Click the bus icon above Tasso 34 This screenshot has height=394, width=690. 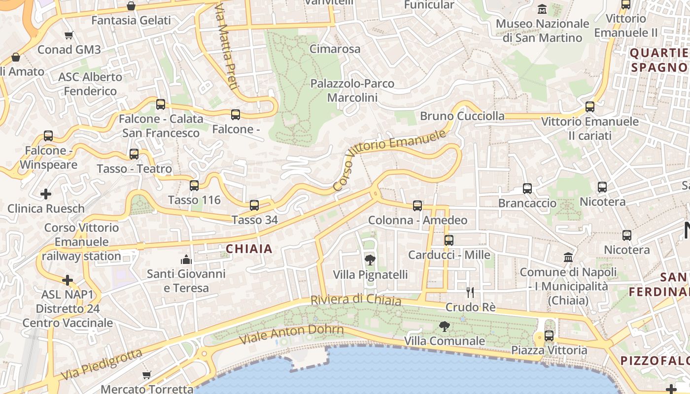pyautogui.click(x=254, y=205)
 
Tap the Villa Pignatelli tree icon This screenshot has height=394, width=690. pyautogui.click(x=370, y=260)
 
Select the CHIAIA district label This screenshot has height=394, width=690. pyautogui.click(x=249, y=249)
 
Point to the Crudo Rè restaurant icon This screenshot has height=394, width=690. pyautogui.click(x=470, y=293)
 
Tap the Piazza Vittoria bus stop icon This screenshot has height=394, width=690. pyautogui.click(x=549, y=336)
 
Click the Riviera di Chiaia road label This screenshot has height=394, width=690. pyautogui.click(x=355, y=300)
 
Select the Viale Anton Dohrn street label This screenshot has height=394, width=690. pyautogui.click(x=291, y=334)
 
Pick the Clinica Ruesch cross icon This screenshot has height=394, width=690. pyautogui.click(x=46, y=194)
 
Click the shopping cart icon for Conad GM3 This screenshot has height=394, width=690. pyautogui.click(x=69, y=35)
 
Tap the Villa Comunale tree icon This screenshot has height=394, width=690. pyautogui.click(x=444, y=326)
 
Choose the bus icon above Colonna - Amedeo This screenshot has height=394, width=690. pyautogui.click(x=417, y=206)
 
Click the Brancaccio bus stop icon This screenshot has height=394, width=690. pyautogui.click(x=527, y=189)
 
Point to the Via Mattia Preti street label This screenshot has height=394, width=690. pyautogui.click(x=225, y=47)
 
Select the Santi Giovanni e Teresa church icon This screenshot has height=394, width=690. pyautogui.click(x=186, y=259)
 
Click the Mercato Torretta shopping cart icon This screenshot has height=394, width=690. pyautogui.click(x=146, y=375)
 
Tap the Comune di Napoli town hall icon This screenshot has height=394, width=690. pyautogui.click(x=568, y=258)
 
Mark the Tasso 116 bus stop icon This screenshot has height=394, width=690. pyautogui.click(x=194, y=186)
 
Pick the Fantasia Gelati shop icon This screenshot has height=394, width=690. pyautogui.click(x=131, y=6)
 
